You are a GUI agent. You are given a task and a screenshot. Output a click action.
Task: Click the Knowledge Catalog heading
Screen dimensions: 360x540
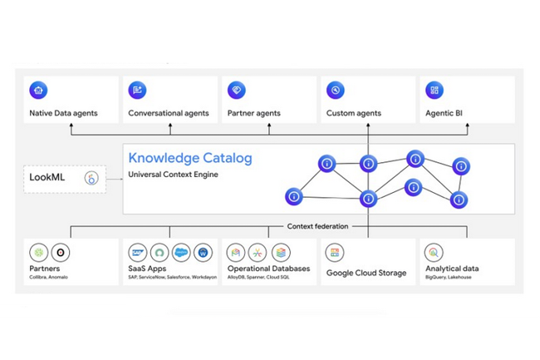pos(189,158)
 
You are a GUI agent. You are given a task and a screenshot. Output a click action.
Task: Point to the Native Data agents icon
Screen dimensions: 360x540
pos(37,91)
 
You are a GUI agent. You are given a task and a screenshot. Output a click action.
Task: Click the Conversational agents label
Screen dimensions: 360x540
pos(168,113)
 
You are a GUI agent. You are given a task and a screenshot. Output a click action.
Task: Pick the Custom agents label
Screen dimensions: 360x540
pos(355,113)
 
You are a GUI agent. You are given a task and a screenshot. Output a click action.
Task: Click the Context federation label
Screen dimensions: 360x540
pos(319,226)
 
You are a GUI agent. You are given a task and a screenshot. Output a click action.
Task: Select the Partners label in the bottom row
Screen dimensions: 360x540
pos(44,269)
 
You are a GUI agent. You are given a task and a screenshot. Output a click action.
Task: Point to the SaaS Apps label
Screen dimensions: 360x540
pos(149,269)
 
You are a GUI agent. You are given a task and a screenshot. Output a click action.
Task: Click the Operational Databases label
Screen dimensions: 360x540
pos(268,269)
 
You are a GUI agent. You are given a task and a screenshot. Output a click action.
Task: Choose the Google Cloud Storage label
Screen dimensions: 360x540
pos(366,272)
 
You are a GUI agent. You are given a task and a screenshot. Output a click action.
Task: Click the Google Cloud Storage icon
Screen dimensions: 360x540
pos(335,252)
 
